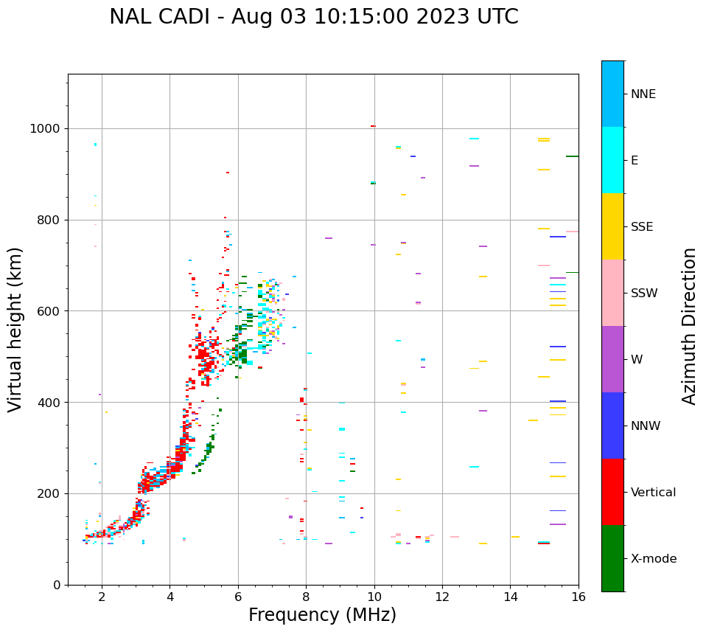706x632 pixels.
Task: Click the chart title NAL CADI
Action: [313, 17]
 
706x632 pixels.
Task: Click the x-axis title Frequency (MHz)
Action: [322, 615]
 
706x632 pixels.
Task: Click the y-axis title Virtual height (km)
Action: [15, 329]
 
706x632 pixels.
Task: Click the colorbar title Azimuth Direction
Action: [689, 325]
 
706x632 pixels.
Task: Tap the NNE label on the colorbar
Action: [643, 94]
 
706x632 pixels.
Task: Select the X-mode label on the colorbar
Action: [653, 559]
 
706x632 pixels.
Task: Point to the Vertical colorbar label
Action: [653, 493]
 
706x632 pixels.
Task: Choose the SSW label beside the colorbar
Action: [643, 294]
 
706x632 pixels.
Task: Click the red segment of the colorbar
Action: [612, 492]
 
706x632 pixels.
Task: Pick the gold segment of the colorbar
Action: [612, 226]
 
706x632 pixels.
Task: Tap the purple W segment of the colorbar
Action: [612, 359]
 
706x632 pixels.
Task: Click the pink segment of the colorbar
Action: [612, 293]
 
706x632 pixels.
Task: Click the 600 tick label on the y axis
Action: [50, 311]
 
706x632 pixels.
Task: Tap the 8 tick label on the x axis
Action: [306, 597]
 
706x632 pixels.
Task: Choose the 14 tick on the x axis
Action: [510, 597]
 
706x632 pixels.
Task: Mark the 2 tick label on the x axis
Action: [102, 597]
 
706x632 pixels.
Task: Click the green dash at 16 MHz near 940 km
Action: [572, 156]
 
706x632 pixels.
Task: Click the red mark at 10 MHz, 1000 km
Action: [373, 126]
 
